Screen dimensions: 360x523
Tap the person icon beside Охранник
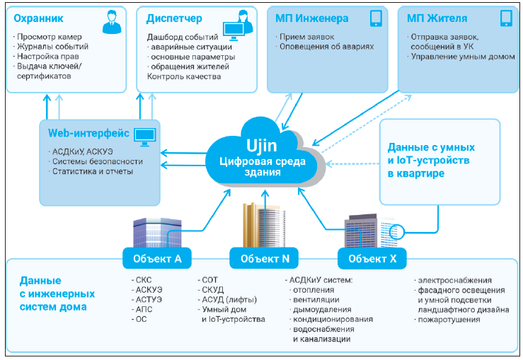pos(111,22)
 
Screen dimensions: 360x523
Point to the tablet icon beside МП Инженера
pos(375,18)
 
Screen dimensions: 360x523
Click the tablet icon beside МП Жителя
pos(505,18)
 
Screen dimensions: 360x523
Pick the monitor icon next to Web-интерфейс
pos(145,134)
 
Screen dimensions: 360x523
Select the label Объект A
pos(157,259)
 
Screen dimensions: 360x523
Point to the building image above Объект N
pos(263,222)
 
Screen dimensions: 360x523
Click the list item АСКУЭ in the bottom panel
pos(149,290)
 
